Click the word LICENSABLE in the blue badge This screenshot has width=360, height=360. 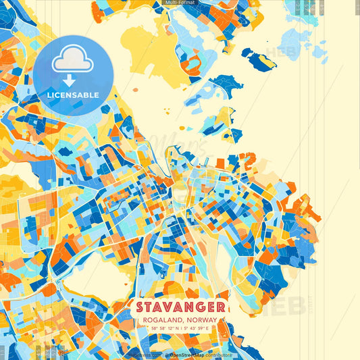pos(73,95)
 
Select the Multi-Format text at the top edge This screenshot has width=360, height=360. pos(180,3)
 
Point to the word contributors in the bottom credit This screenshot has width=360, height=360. pos(219,354)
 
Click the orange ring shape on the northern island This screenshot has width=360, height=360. pos(192,63)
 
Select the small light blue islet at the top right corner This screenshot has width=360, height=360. pos(317,51)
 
